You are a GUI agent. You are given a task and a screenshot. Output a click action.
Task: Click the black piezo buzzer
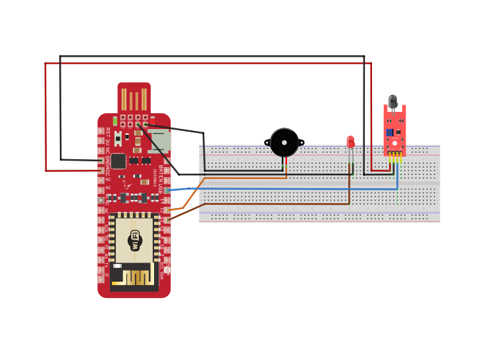[x=284, y=143]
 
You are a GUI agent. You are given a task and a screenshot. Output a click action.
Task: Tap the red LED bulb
[x=350, y=141]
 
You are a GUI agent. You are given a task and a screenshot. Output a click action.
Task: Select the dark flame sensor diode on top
[x=393, y=101]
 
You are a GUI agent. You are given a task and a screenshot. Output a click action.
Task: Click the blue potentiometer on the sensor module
[x=390, y=132]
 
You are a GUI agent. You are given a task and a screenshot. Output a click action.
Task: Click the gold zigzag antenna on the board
[x=134, y=276]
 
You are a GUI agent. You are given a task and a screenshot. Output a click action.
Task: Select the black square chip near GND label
[x=118, y=161]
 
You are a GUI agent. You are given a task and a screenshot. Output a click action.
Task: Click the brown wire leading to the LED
[x=263, y=204]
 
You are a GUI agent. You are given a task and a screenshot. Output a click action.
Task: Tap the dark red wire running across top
[x=198, y=64]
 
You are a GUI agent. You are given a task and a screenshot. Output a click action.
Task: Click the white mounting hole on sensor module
[x=394, y=142]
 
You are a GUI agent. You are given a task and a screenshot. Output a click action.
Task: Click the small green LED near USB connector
[x=115, y=120]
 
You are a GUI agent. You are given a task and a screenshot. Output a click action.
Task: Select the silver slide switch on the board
[x=119, y=139]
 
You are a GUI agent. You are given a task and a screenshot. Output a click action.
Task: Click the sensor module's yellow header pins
[x=394, y=157]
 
